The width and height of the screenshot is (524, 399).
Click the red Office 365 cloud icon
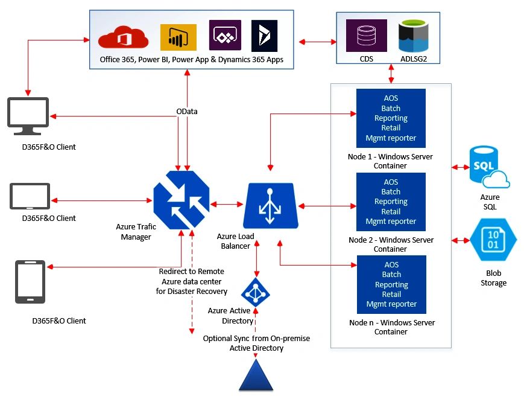pos(123,37)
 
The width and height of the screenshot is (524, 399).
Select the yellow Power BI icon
pos(178,37)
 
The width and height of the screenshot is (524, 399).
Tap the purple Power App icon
pos(225,36)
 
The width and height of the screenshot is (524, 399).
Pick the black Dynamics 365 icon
pos(264,36)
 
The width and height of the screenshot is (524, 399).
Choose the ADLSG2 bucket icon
pos(412,36)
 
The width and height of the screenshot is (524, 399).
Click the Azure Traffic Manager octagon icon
pos(182,199)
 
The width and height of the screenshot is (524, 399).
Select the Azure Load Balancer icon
pos(271,205)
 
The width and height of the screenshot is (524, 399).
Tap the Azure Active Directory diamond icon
pos(256,292)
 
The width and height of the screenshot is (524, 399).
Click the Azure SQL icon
pos(490,167)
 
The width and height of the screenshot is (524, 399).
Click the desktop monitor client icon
pos(28,113)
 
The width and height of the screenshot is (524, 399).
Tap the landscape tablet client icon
pos(29,196)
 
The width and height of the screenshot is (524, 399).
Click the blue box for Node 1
pos(391,118)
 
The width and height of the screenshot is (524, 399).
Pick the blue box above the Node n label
pos(391,284)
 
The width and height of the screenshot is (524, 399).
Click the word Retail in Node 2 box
pos(391,211)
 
